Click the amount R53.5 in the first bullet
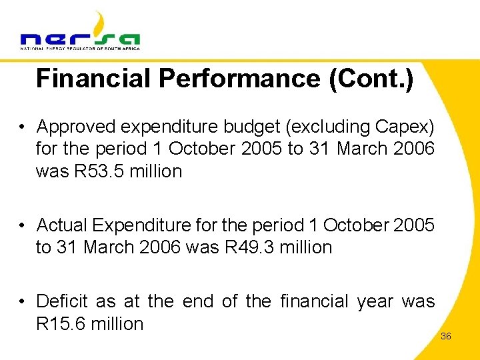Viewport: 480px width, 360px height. coord(94,171)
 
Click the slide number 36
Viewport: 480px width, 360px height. coord(446,336)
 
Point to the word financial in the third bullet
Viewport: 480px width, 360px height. coord(313,301)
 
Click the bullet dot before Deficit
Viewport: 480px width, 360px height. coord(23,301)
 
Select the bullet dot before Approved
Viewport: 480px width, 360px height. coord(23,126)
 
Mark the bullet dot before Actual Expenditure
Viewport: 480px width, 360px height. coord(23,225)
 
